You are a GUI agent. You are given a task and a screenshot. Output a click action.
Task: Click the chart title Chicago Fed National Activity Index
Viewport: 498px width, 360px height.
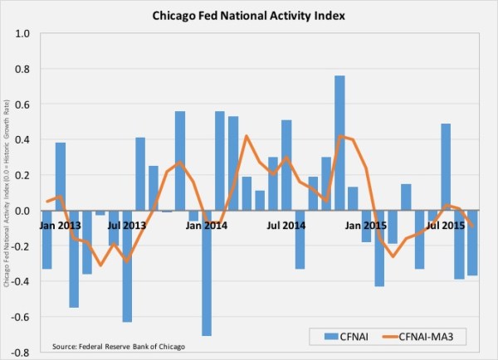tap(249, 14)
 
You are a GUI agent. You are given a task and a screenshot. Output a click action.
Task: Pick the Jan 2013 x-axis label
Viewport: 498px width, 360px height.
tap(59, 225)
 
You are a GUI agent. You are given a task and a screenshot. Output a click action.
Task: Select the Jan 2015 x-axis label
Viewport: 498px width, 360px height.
tap(366, 225)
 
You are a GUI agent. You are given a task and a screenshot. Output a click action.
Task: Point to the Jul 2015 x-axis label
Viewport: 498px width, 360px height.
tap(445, 225)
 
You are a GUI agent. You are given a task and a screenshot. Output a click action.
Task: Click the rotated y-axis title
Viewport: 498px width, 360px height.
tap(7, 193)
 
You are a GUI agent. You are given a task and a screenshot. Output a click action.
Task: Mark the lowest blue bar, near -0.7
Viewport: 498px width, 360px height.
tap(207, 273)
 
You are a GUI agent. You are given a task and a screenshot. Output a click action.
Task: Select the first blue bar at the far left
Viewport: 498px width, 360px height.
tap(47, 240)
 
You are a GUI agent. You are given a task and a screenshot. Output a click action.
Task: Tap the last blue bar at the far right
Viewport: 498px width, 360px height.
tap(476, 243)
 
